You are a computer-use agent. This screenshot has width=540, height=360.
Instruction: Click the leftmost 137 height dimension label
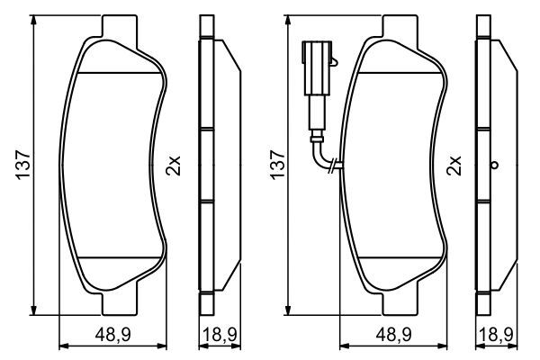pyautogui.click(x=24, y=165)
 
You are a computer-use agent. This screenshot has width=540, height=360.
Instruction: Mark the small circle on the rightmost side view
pyautogui.click(x=494, y=166)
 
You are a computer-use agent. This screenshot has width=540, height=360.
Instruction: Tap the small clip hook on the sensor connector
pyautogui.click(x=332, y=61)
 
